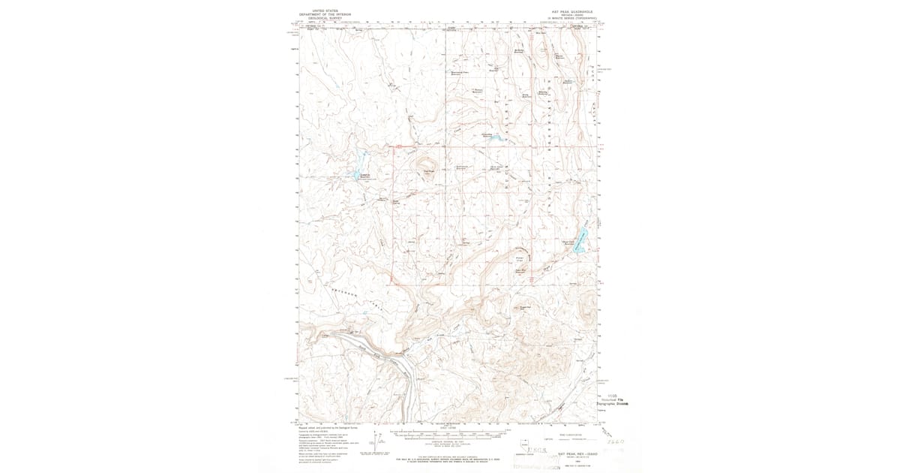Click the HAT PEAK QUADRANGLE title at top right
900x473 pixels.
tap(571, 11)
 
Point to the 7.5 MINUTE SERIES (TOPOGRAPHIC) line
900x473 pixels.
tap(571, 18)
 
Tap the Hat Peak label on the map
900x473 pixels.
tap(430, 170)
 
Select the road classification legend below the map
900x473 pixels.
tap(569, 438)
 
